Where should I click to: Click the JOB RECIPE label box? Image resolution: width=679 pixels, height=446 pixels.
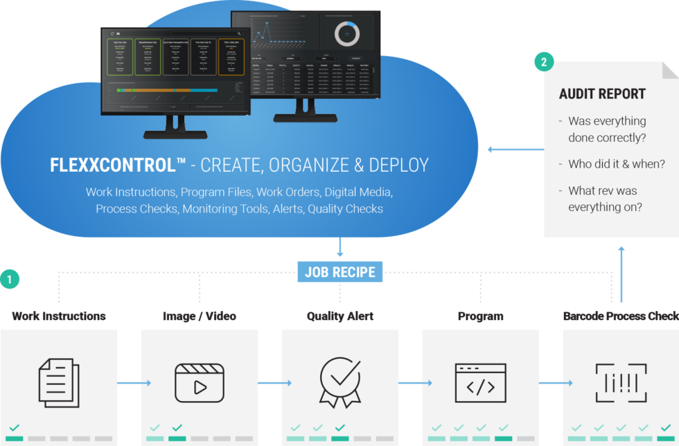pyautogui.click(x=339, y=271)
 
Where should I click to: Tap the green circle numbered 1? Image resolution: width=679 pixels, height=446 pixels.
pyautogui.click(x=10, y=280)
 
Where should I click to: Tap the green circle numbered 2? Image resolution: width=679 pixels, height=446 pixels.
pyautogui.click(x=544, y=62)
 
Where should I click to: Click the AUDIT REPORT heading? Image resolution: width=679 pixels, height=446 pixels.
pyautogui.click(x=602, y=94)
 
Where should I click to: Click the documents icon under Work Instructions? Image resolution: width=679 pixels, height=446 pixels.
pyautogui.click(x=58, y=382)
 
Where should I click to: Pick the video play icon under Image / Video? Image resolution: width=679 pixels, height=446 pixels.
pyautogui.click(x=200, y=382)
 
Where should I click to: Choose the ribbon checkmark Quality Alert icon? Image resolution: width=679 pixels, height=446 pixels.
pyautogui.click(x=339, y=382)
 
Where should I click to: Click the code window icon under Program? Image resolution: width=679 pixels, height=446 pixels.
pyautogui.click(x=480, y=382)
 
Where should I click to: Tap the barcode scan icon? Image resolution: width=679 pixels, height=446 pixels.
pyautogui.click(x=620, y=382)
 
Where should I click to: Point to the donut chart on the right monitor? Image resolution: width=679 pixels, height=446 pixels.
pyautogui.click(x=346, y=34)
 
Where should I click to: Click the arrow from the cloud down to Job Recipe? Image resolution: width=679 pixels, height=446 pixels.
pyautogui.click(x=339, y=247)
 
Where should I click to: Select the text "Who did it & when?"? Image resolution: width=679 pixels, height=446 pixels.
pyautogui.click(x=617, y=164)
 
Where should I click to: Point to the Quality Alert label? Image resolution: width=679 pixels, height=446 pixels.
pyautogui.click(x=339, y=316)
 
